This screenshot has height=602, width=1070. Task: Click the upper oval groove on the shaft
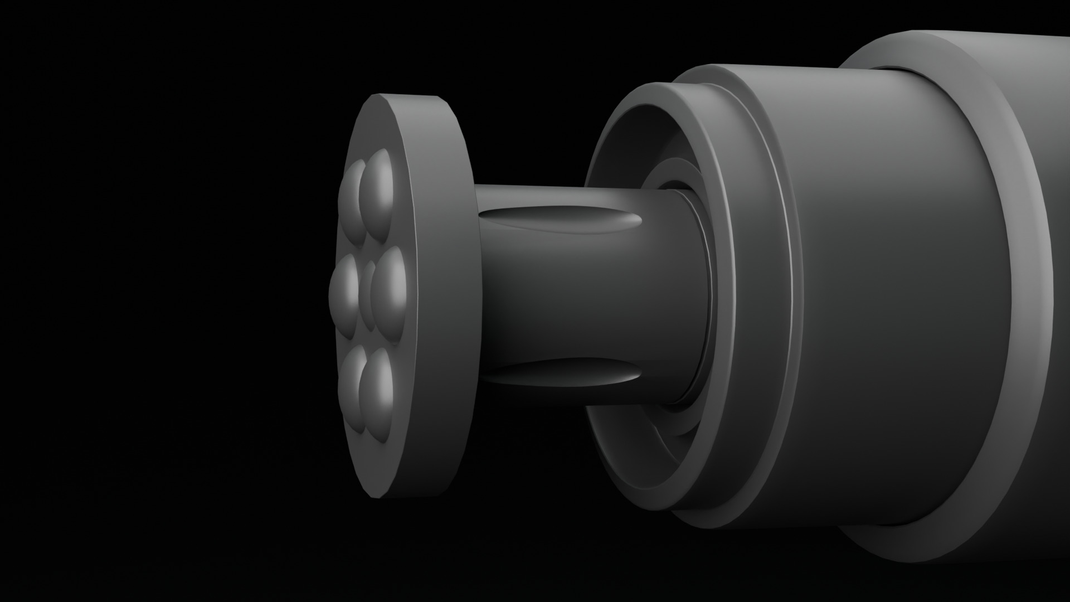557,221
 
